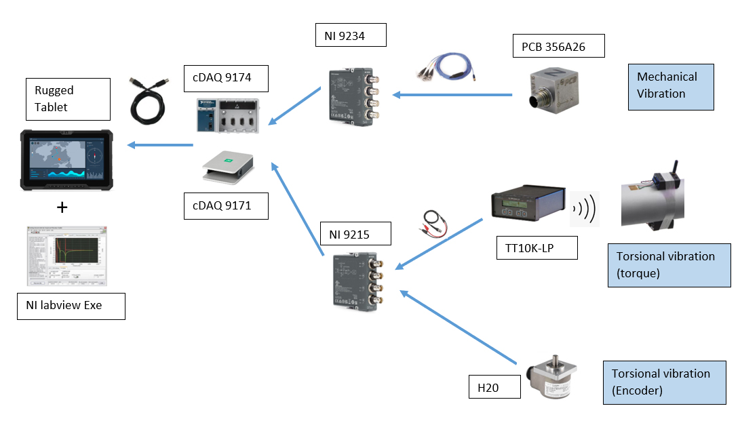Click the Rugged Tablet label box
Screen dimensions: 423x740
[x=67, y=99]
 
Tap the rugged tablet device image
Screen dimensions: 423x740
[x=66, y=160]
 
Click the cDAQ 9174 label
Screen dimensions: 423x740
[x=226, y=78]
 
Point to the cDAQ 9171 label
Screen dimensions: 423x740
[x=226, y=205]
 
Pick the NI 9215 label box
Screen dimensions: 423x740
[x=355, y=234]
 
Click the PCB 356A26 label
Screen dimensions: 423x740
[x=558, y=47]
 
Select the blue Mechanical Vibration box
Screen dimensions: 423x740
[x=670, y=85]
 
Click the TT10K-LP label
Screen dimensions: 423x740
[x=537, y=248]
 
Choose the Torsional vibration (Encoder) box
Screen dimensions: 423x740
[x=663, y=382]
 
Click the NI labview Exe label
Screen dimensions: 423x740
[x=71, y=305]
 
